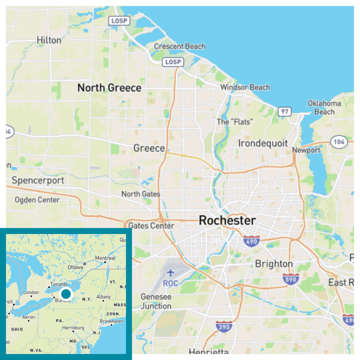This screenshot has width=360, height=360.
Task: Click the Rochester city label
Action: click(x=227, y=220)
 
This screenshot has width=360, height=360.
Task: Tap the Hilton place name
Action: click(x=49, y=40)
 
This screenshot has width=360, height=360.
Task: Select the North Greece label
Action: click(x=109, y=88)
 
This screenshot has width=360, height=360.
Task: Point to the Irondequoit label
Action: click(x=263, y=143)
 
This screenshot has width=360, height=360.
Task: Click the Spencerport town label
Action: click(x=38, y=180)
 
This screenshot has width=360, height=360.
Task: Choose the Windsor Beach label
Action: click(x=245, y=87)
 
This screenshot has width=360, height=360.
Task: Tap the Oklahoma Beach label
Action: click(x=324, y=107)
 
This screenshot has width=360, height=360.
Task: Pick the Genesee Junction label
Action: click(x=156, y=301)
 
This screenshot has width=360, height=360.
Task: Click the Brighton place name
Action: click(x=274, y=264)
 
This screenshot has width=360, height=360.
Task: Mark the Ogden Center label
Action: click(x=37, y=200)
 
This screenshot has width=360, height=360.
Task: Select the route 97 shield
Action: click(x=284, y=111)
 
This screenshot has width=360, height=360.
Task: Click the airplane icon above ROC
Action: click(x=171, y=273)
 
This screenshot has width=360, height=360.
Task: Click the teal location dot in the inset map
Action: click(x=66, y=294)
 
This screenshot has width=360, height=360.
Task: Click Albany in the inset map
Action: click(x=103, y=297)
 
